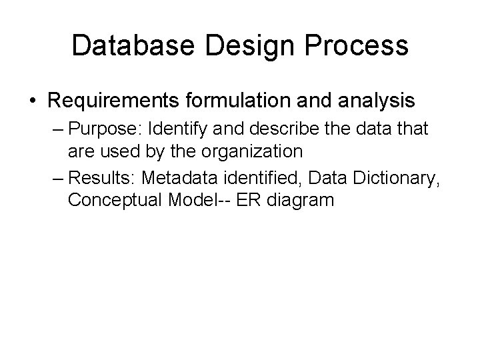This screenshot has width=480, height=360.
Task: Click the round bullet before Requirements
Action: point(33,101)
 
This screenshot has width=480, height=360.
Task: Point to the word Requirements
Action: point(115,101)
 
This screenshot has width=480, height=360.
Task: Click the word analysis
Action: point(377,101)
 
